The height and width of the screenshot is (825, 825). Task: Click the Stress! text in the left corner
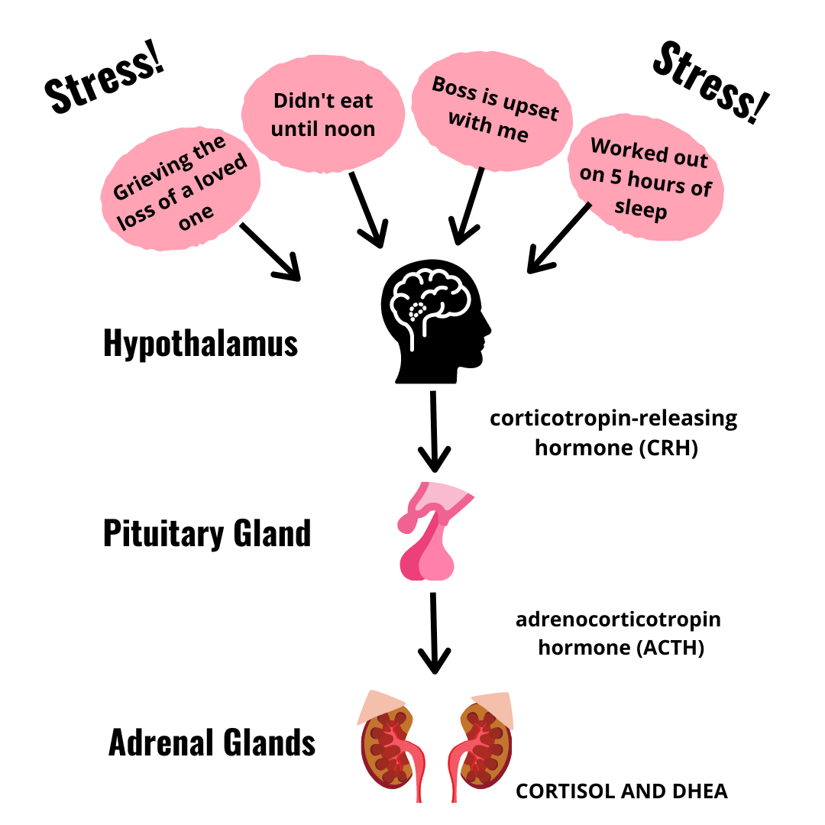tap(105, 84)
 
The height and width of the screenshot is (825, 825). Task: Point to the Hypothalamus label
tap(200, 345)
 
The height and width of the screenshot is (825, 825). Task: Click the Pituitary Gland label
tap(207, 533)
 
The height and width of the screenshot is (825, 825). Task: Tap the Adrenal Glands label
tap(212, 742)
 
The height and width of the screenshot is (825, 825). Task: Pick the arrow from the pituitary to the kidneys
tap(434, 633)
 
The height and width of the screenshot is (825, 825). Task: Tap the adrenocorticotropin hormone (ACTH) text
tap(618, 633)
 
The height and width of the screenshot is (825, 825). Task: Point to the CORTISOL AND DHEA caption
tap(622, 791)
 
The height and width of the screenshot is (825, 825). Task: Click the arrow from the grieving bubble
tap(269, 251)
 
